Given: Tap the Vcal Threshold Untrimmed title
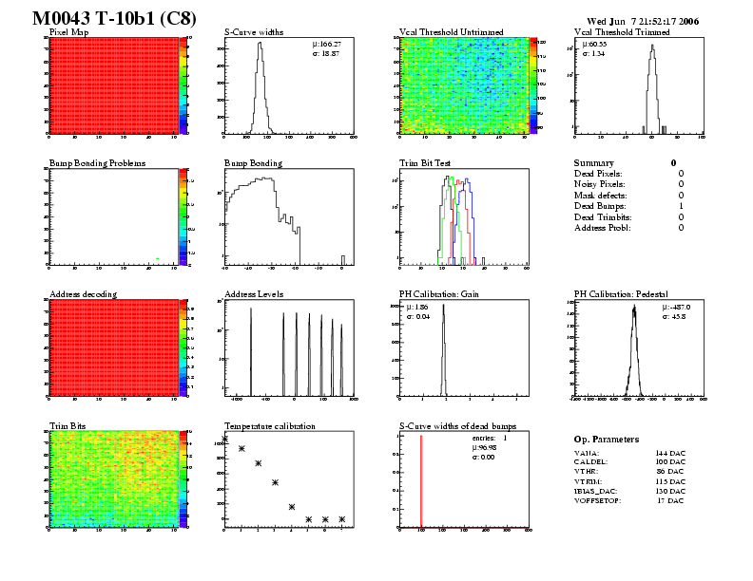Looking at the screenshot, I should click(x=451, y=32).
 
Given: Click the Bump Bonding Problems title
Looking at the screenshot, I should click(x=96, y=163).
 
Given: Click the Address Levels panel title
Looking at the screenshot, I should click(x=256, y=294).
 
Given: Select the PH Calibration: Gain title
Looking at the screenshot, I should click(x=441, y=294).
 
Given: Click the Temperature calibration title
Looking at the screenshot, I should click(x=269, y=425).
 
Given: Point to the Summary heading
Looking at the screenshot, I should click(x=594, y=163).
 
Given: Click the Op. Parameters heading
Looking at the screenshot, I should click(x=607, y=440).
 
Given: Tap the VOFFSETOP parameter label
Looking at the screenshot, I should click(x=597, y=499).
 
